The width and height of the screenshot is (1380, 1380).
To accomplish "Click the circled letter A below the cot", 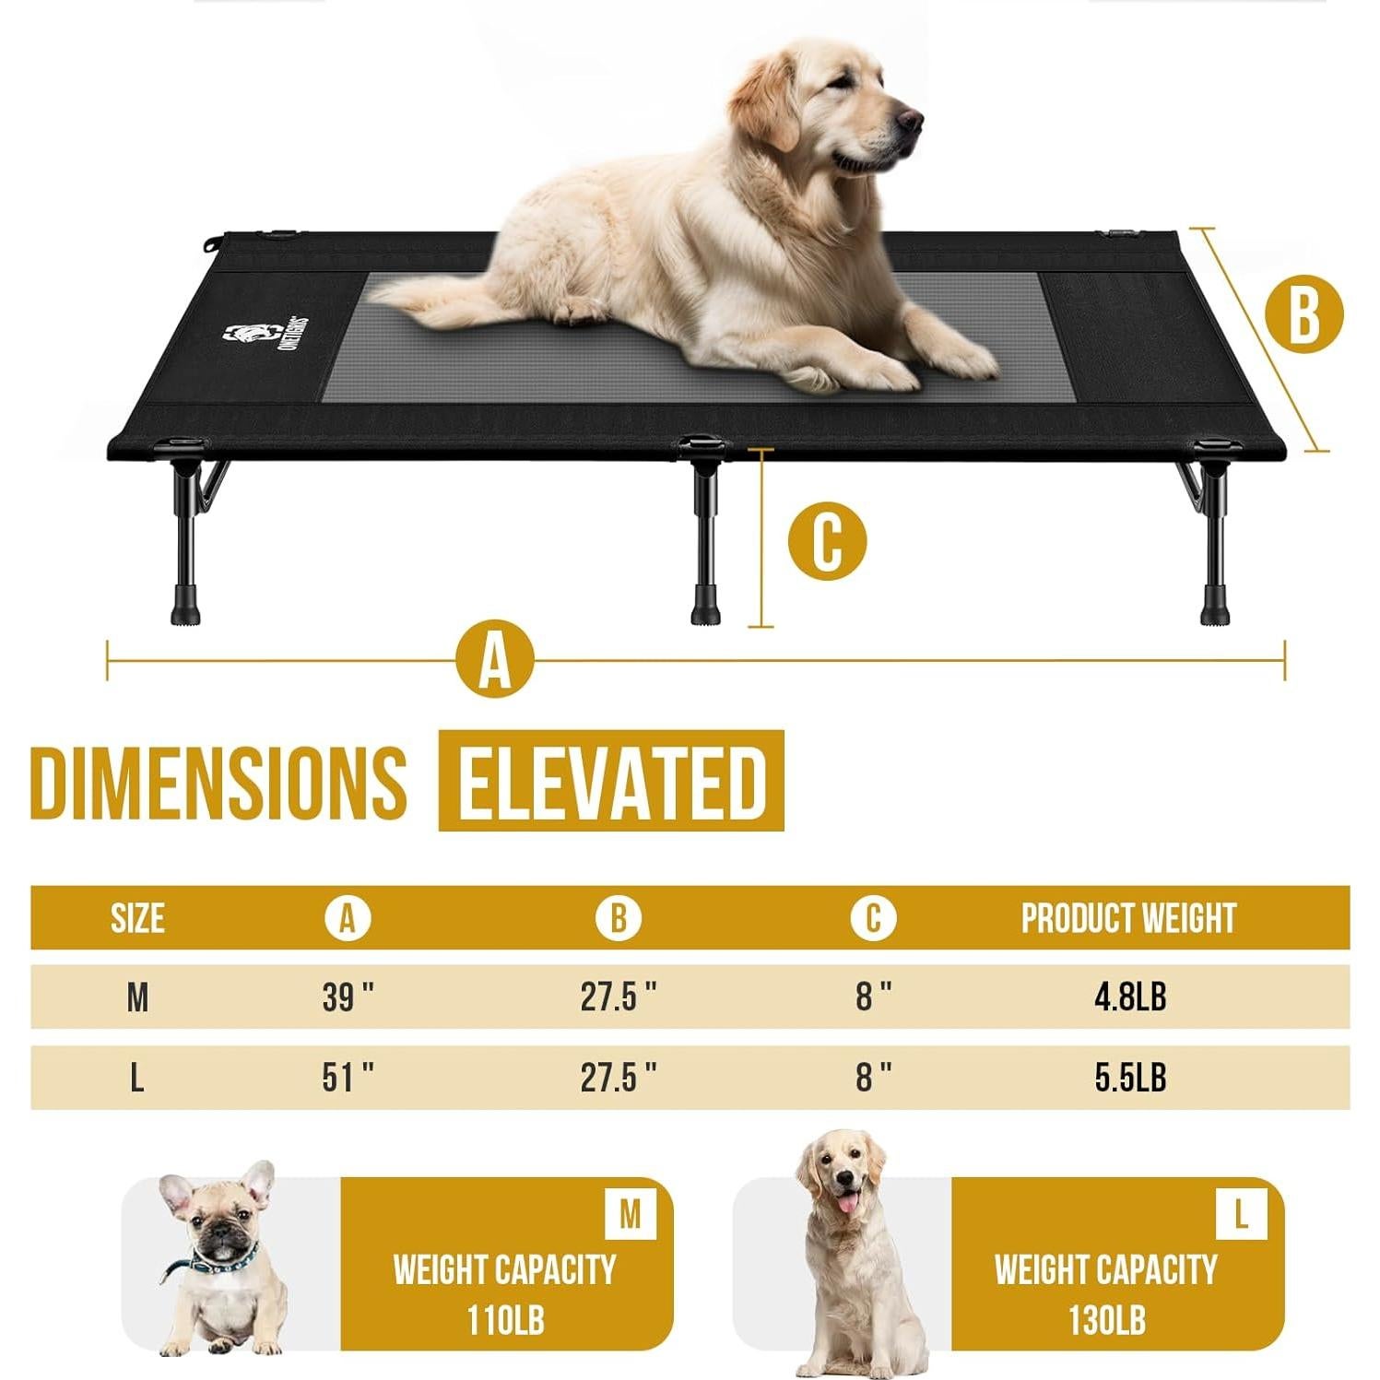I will click(x=495, y=659).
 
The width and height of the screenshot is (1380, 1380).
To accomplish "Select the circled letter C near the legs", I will click(x=827, y=541).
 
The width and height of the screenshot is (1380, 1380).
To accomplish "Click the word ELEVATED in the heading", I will click(x=611, y=781).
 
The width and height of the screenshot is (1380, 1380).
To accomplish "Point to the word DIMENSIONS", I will click(x=218, y=782).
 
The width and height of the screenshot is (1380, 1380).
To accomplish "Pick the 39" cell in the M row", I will click(x=348, y=997).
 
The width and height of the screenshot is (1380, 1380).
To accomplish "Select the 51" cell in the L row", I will click(x=348, y=1077).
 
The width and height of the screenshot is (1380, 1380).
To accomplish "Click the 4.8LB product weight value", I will click(x=1129, y=997).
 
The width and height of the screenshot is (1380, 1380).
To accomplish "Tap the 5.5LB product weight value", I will click(x=1129, y=1077).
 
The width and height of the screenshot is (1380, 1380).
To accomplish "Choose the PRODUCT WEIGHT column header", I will click(x=1127, y=918).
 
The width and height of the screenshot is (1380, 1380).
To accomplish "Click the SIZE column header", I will click(x=137, y=918).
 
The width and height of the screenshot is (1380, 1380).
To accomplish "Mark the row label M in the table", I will click(x=137, y=997).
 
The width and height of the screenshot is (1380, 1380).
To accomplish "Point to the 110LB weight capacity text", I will click(x=505, y=1320).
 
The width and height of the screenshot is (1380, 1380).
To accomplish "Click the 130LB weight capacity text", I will click(x=1106, y=1320).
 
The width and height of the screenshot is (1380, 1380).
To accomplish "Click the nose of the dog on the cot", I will click(x=910, y=118).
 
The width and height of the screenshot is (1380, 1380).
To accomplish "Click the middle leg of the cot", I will click(x=704, y=535).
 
